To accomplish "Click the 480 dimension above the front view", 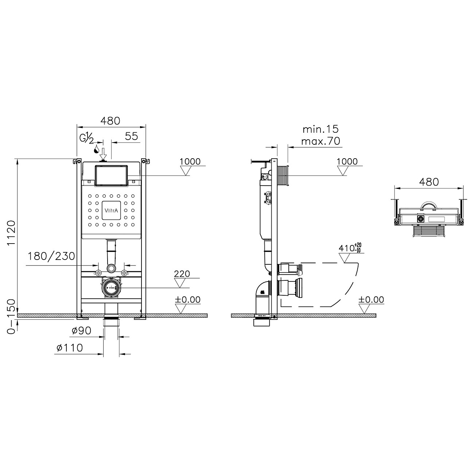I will tap(110, 121).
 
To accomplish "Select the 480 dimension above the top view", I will tap(429, 182).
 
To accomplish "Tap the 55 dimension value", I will tap(131, 136).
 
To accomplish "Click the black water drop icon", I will tap(97, 149).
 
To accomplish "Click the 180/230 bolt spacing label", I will tap(51, 256).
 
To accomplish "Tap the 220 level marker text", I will tap(182, 274).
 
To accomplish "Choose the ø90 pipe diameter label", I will tap(81, 331).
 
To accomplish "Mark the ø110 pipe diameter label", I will tap(70, 348).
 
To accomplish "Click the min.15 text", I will tap(320, 129).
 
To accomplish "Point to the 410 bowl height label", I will tap(350, 248).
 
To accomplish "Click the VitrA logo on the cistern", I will tap(111, 210).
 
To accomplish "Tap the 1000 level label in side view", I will tap(347, 161).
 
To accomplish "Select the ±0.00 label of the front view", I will tap(188, 300).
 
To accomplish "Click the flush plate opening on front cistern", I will tap(111, 175).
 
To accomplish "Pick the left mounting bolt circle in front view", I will tap(98, 273).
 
